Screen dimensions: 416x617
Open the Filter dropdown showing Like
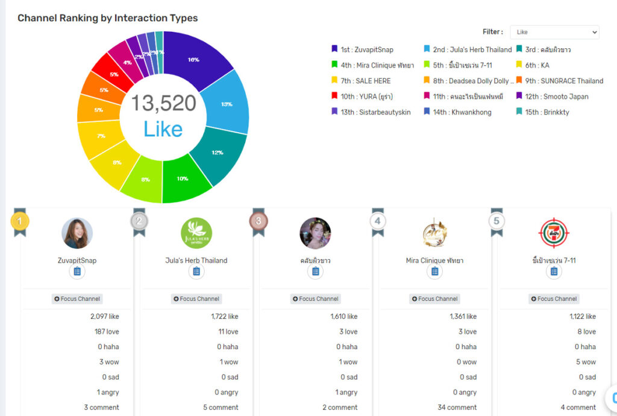click(554, 32)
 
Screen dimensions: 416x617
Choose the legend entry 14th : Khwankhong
click(457, 112)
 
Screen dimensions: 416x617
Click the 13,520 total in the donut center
click(163, 103)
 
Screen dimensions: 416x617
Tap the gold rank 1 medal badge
click(20, 221)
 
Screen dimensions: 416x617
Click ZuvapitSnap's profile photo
click(77, 233)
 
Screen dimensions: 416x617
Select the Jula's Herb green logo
click(196, 233)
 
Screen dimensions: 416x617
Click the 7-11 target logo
click(554, 233)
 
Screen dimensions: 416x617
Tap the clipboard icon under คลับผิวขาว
click(315, 272)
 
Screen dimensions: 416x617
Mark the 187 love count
click(107, 332)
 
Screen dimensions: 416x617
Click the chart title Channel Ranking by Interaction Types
click(108, 18)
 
